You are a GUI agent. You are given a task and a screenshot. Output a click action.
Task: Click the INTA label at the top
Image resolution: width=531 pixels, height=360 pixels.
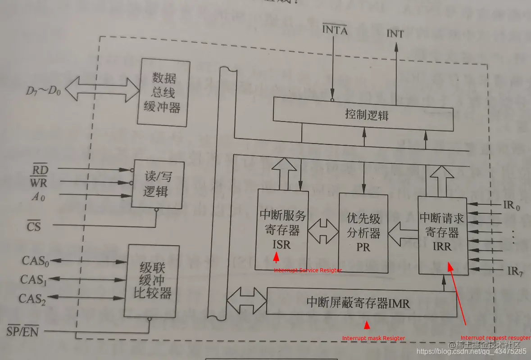(x=335, y=31)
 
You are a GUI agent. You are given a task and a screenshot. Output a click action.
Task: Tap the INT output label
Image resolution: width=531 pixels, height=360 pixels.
(x=395, y=34)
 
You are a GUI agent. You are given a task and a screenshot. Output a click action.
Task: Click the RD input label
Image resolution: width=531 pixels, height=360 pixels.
(x=39, y=170)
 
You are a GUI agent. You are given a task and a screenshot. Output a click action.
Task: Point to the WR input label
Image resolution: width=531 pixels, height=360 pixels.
(x=39, y=182)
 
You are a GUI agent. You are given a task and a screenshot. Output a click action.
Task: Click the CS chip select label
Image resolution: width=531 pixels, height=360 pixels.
(x=34, y=226)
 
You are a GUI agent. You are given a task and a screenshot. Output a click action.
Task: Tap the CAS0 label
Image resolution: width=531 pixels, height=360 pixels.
(x=35, y=261)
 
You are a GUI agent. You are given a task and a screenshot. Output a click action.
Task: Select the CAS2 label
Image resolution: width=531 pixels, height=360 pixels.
(x=32, y=298)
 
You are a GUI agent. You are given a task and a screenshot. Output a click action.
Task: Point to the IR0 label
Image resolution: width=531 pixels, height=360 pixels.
(x=511, y=206)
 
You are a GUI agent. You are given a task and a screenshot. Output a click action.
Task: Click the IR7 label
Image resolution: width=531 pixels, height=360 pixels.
(x=514, y=271)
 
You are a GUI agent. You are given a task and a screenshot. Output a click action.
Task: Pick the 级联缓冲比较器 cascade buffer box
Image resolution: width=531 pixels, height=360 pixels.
(x=151, y=281)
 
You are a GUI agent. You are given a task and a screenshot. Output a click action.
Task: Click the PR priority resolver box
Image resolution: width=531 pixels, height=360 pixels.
(x=363, y=232)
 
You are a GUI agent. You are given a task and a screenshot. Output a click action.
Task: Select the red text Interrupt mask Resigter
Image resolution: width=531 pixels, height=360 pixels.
(x=373, y=338)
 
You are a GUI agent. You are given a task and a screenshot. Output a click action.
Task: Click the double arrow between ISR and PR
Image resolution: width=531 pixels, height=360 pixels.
(x=323, y=232)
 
